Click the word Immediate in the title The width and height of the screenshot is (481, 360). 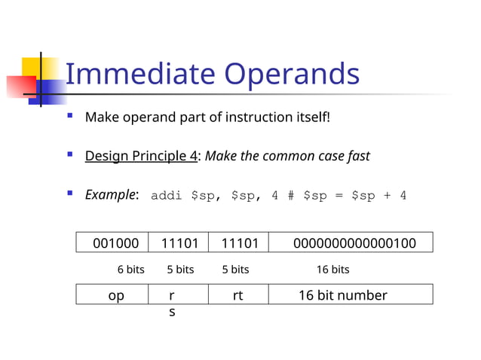(x=140, y=74)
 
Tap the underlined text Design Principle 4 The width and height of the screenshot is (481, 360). (x=141, y=157)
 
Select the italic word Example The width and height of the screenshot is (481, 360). (x=110, y=195)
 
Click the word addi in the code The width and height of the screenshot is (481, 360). (x=167, y=196)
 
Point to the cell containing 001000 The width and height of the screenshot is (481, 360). (x=115, y=243)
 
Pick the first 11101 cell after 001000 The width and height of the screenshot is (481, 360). (x=180, y=243)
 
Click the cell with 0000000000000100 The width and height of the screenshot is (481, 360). (x=354, y=243)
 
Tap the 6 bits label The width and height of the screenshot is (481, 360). (x=130, y=270)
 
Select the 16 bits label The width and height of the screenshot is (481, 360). (x=332, y=270)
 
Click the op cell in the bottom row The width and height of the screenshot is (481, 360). (x=116, y=295)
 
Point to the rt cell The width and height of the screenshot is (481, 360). (x=237, y=295)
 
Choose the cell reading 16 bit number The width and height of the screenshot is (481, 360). (x=342, y=295)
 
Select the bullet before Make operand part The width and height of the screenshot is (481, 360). (x=69, y=117)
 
